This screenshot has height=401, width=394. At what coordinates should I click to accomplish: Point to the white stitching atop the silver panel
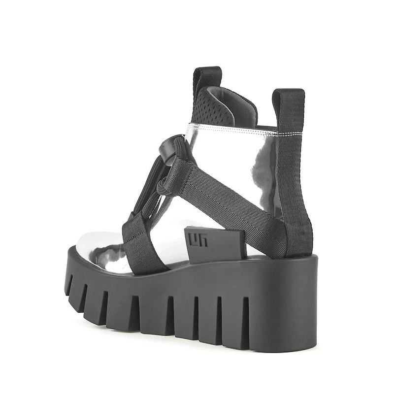pos(231,129)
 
